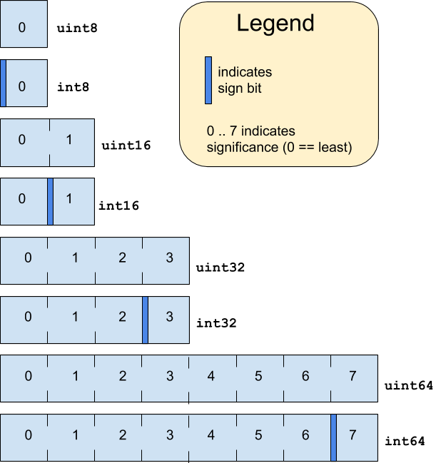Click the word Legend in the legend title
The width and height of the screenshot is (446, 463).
pyautogui.click(x=275, y=24)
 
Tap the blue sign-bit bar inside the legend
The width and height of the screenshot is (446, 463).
pyautogui.click(x=208, y=80)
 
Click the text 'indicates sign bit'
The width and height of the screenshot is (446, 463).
pyautogui.click(x=245, y=80)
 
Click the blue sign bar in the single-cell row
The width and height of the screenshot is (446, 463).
pyautogui.click(x=4, y=83)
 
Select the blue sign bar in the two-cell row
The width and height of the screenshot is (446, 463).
pyautogui.click(x=51, y=202)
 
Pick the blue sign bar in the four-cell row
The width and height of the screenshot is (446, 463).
pyautogui.click(x=145, y=320)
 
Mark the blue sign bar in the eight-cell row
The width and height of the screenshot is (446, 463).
pyautogui.click(x=333, y=438)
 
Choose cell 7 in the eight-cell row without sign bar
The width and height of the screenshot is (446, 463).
pyautogui.click(x=353, y=378)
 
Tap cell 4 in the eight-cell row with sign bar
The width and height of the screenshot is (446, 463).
pyautogui.click(x=212, y=438)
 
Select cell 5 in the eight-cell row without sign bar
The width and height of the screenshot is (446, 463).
pyautogui.click(x=259, y=378)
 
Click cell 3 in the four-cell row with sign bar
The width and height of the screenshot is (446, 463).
pyautogui.click(x=169, y=320)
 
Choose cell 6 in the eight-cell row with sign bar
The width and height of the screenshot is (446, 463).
pyautogui.click(x=305, y=438)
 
